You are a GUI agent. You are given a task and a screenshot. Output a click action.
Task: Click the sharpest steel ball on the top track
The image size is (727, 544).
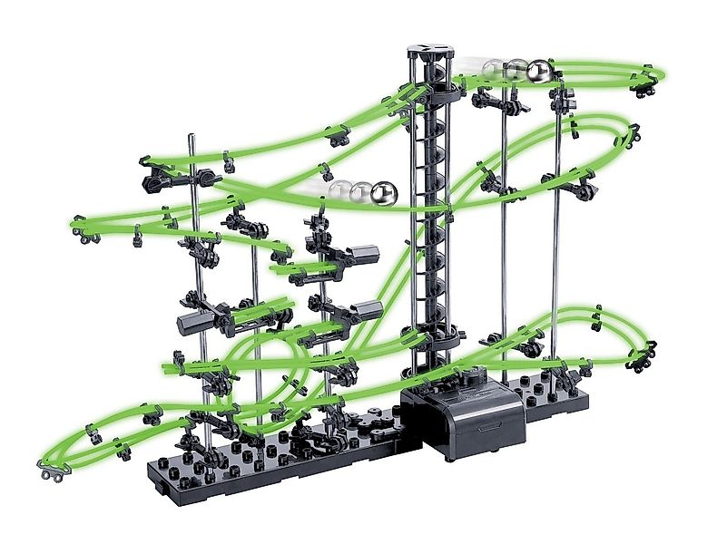pyautogui.click(x=539, y=72)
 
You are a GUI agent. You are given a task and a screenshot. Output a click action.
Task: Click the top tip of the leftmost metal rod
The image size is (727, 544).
pyautogui.click(x=192, y=139)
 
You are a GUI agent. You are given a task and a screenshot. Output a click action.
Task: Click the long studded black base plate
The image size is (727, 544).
pyautogui.click(x=272, y=458)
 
